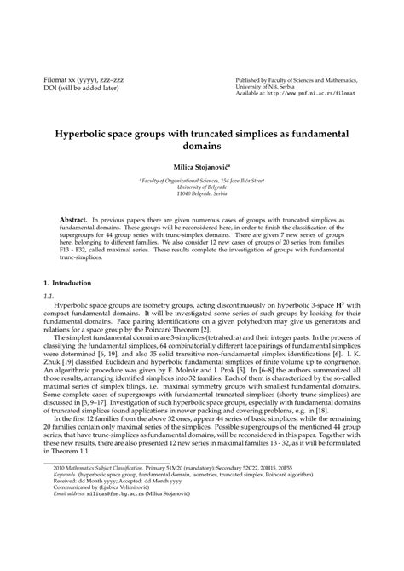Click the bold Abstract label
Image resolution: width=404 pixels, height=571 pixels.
coord(74,220)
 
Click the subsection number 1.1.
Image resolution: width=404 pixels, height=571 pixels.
coord(48,295)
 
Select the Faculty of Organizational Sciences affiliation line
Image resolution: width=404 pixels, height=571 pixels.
coord(201,181)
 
